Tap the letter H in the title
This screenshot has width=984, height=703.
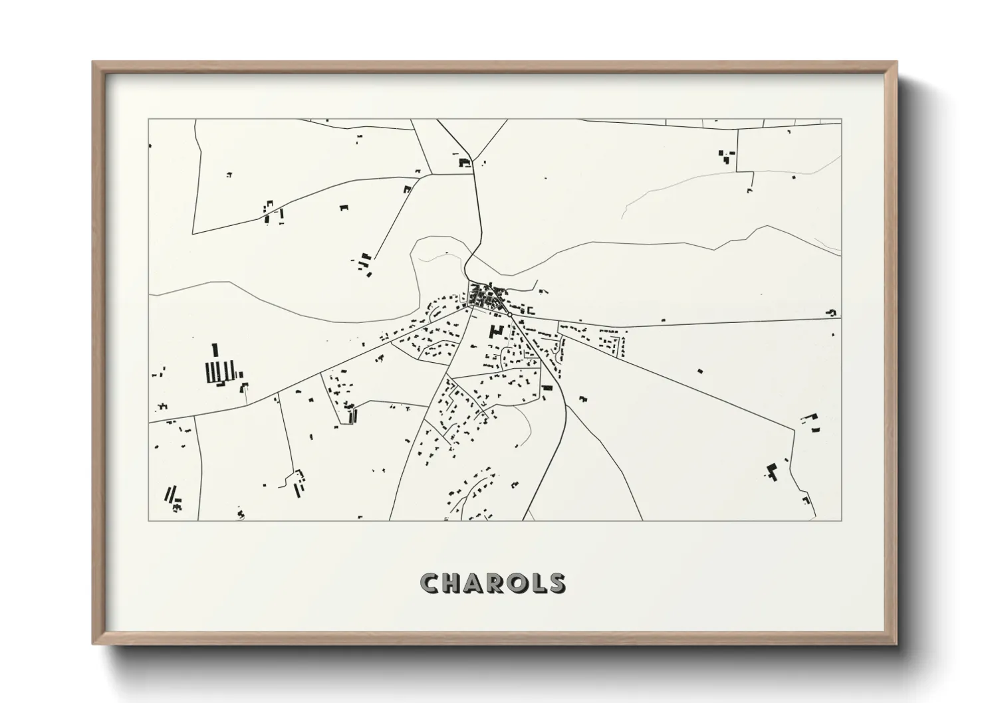point(455,583)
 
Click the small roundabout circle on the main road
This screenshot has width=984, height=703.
point(509,314)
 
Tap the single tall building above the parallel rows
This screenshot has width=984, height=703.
point(215,350)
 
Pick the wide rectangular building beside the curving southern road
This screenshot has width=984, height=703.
point(548,387)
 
